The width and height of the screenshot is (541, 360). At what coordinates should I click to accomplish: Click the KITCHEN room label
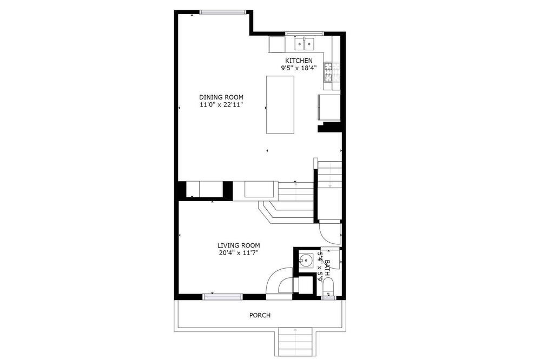(x=299, y=61)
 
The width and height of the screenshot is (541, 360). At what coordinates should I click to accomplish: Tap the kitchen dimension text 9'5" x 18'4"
(x=299, y=68)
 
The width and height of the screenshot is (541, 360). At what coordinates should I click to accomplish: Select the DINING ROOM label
(x=221, y=97)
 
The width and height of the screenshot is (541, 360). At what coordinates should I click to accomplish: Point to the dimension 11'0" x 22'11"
(x=221, y=105)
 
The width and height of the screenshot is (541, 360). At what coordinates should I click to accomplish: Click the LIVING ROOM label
(x=239, y=245)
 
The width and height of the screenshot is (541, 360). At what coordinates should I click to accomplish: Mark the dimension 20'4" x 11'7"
(x=239, y=253)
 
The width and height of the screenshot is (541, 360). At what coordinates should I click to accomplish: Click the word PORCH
(x=260, y=315)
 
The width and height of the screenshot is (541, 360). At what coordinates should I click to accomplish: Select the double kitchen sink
(x=304, y=44)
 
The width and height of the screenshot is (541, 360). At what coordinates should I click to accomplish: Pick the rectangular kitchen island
(x=280, y=104)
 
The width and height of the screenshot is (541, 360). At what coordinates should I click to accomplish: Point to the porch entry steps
(x=295, y=342)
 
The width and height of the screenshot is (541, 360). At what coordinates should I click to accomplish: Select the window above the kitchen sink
(x=304, y=34)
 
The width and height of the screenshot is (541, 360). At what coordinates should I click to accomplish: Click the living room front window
(x=222, y=297)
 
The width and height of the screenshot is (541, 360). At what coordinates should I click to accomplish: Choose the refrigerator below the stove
(x=329, y=108)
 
